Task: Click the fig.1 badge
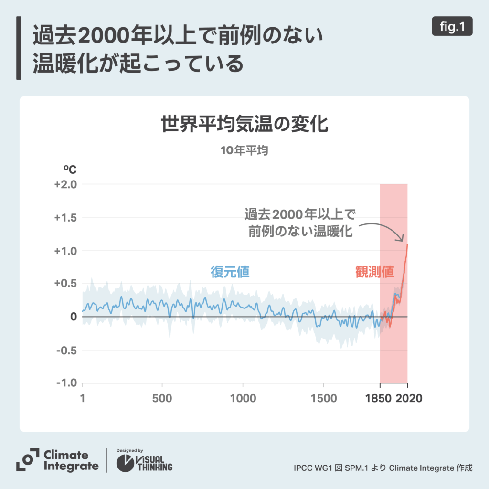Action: click(452, 27)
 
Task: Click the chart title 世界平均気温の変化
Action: click(244, 125)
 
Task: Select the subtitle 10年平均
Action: click(244, 150)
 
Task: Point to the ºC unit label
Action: click(70, 169)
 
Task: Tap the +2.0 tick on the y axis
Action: click(66, 184)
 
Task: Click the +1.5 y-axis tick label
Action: click(66, 218)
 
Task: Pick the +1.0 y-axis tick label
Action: click(66, 251)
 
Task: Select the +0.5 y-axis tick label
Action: click(66, 284)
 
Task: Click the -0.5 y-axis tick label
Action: click(67, 350)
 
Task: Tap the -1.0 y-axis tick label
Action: click(67, 383)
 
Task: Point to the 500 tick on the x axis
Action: click(162, 398)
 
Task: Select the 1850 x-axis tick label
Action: click(380, 398)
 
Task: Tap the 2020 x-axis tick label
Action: click(409, 398)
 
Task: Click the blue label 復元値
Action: click(230, 272)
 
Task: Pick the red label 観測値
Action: click(375, 272)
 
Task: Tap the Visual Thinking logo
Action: click(145, 461)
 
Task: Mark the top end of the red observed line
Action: click(407, 244)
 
